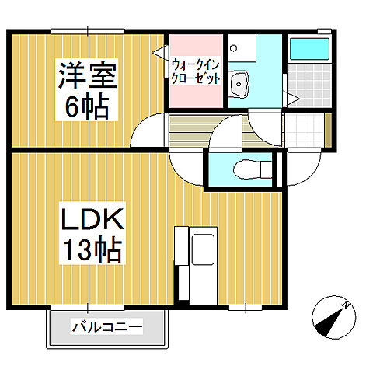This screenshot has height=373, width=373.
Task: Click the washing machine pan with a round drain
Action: pos(240,47)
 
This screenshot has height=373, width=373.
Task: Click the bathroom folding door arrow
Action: pos(291,97)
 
